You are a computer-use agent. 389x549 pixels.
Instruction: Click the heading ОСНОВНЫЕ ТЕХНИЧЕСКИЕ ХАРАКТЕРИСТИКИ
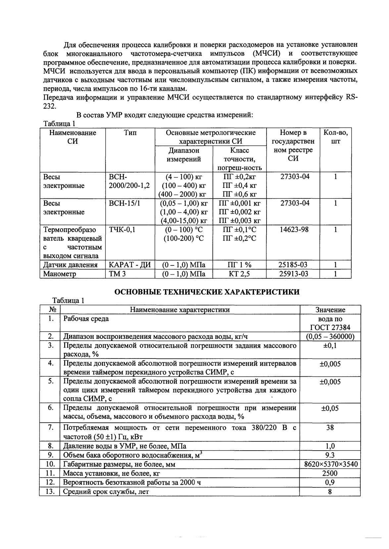(207, 292)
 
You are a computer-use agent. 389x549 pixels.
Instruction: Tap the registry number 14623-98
(294, 230)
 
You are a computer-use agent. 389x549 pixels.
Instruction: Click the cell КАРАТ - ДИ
(130, 265)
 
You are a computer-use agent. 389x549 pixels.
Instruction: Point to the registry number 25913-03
(293, 274)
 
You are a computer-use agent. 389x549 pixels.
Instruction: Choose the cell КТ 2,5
(239, 274)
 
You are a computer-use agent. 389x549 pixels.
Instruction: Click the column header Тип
(130, 133)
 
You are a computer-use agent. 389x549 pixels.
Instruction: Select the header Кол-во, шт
(335, 137)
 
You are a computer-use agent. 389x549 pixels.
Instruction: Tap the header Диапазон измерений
(184, 155)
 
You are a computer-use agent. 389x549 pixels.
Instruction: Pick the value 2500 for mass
(330, 473)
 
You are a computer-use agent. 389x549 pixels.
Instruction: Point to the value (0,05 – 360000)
(330, 337)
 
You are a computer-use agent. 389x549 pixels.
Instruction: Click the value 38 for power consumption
(330, 427)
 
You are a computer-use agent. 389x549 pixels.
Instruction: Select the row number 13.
(50, 491)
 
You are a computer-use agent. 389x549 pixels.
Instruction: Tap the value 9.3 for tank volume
(330, 455)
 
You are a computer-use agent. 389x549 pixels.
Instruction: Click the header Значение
(330, 310)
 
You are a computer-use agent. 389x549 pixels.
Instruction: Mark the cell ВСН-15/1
(124, 203)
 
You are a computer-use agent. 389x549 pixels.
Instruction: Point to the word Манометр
(60, 274)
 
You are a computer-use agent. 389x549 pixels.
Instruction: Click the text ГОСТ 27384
(330, 328)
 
